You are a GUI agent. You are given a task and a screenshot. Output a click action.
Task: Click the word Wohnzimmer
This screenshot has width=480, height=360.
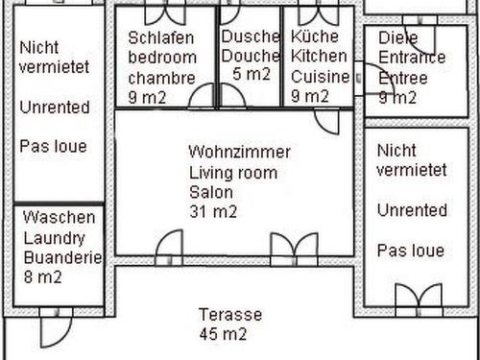point(240,152)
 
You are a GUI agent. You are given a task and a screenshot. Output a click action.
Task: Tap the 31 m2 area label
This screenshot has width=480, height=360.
point(213,211)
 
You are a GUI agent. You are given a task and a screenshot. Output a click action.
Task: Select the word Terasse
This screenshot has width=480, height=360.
point(230,315)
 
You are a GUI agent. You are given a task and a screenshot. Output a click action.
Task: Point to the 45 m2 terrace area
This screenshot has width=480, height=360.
point(223,334)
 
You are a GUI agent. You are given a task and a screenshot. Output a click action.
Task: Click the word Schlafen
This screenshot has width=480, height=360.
point(161,37)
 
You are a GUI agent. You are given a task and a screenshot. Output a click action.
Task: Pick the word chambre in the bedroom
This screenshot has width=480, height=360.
point(161,78)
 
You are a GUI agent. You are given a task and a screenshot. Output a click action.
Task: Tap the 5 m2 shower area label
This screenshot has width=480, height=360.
point(252,74)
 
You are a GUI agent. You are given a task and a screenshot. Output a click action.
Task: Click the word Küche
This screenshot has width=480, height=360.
point(315,36)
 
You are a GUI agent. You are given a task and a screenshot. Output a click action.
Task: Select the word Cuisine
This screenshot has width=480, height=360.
point(321,77)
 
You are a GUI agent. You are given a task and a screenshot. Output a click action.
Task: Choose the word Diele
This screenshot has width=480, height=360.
point(398,38)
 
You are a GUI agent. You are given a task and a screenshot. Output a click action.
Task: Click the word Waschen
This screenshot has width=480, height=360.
point(60,217)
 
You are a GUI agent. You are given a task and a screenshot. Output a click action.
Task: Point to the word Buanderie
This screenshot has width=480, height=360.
point(62,257)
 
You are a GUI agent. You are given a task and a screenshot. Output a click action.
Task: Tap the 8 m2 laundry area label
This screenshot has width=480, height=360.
point(42,276)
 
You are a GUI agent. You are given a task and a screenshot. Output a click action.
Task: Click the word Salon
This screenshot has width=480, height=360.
point(211,192)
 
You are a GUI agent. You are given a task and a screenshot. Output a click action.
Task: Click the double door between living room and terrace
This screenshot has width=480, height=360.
point(294,250)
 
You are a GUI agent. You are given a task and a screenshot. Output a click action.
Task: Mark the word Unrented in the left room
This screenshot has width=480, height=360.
point(55,108)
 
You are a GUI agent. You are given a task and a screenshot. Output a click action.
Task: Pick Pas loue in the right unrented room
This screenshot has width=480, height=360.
point(411,251)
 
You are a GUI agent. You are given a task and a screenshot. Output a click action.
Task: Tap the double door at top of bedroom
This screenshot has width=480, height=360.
point(165,14)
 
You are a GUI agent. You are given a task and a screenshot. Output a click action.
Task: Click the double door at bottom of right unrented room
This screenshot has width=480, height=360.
point(419,300)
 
